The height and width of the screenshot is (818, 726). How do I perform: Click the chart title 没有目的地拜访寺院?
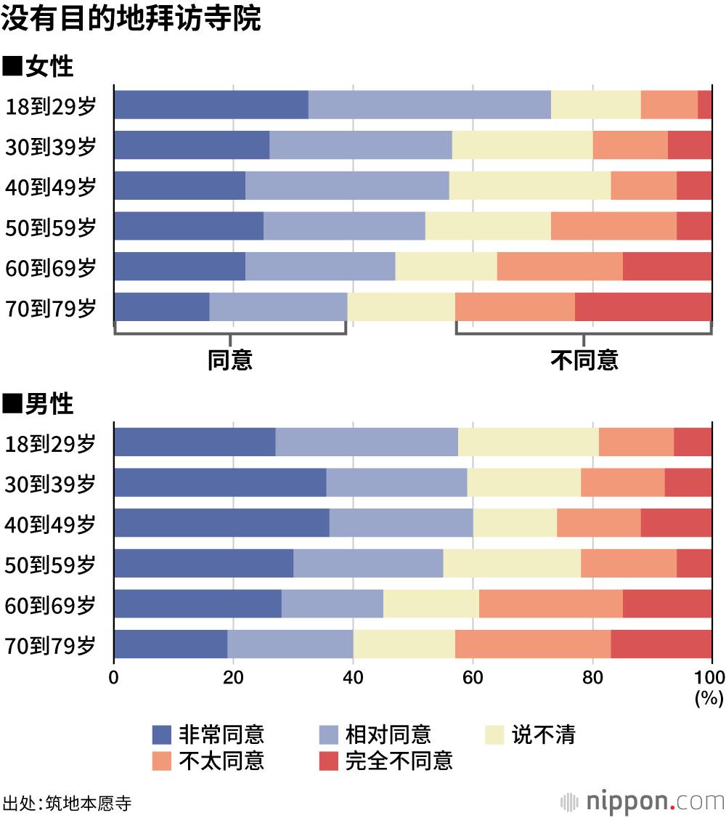click(131, 20)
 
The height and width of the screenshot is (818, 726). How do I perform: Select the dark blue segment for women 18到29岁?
click(211, 105)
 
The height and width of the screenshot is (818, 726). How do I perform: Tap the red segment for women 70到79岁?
click(643, 307)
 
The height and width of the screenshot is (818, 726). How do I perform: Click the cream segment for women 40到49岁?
click(530, 185)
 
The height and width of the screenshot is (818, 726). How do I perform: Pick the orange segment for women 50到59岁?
click(613, 226)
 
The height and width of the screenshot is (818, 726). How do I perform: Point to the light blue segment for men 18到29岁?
click(367, 442)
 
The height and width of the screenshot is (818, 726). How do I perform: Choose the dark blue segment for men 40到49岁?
click(221, 523)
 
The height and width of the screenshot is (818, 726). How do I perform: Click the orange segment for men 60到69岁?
click(551, 604)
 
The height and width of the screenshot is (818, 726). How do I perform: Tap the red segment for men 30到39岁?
click(688, 482)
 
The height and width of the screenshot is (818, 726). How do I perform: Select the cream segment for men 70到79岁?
click(404, 644)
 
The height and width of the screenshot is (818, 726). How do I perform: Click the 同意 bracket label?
click(230, 360)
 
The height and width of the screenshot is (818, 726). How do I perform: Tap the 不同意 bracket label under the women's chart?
click(584, 360)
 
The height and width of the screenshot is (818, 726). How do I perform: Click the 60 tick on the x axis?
click(473, 678)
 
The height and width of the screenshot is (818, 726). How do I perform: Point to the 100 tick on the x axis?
click(711, 678)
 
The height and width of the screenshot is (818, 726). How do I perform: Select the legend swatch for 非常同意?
click(162, 735)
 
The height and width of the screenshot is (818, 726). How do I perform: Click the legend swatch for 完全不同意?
click(329, 761)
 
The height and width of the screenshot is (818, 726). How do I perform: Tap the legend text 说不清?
click(544, 735)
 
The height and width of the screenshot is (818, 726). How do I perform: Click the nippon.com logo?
click(643, 802)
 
